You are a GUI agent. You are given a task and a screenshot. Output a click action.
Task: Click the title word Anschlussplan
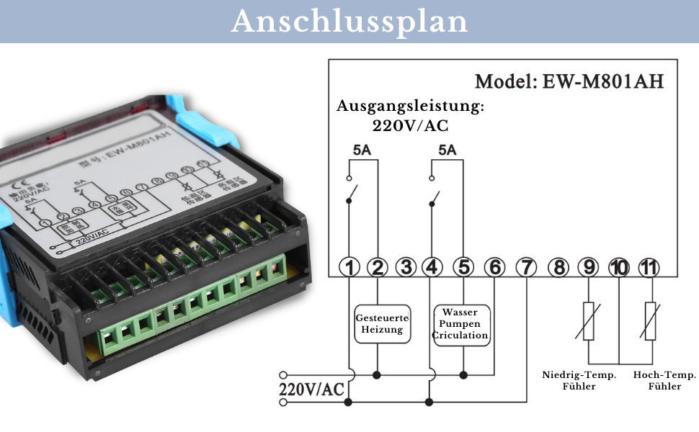(349, 21)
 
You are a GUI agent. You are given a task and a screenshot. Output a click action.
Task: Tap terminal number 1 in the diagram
(349, 268)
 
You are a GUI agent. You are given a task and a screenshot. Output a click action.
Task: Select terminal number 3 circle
(406, 268)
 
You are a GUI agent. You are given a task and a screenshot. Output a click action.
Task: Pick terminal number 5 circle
(464, 268)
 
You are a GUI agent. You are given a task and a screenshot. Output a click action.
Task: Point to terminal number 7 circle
(527, 268)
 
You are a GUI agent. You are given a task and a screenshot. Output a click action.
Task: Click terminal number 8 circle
(558, 268)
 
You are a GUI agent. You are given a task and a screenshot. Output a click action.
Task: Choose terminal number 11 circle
(649, 268)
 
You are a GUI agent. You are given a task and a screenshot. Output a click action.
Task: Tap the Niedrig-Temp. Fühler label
(579, 380)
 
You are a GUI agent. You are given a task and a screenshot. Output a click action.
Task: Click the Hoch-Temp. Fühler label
(664, 380)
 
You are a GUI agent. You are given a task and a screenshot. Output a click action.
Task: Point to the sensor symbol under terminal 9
(589, 321)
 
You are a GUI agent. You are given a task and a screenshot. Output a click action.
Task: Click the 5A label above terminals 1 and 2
(363, 150)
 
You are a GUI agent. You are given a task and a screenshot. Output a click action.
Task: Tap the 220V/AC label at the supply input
(312, 390)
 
